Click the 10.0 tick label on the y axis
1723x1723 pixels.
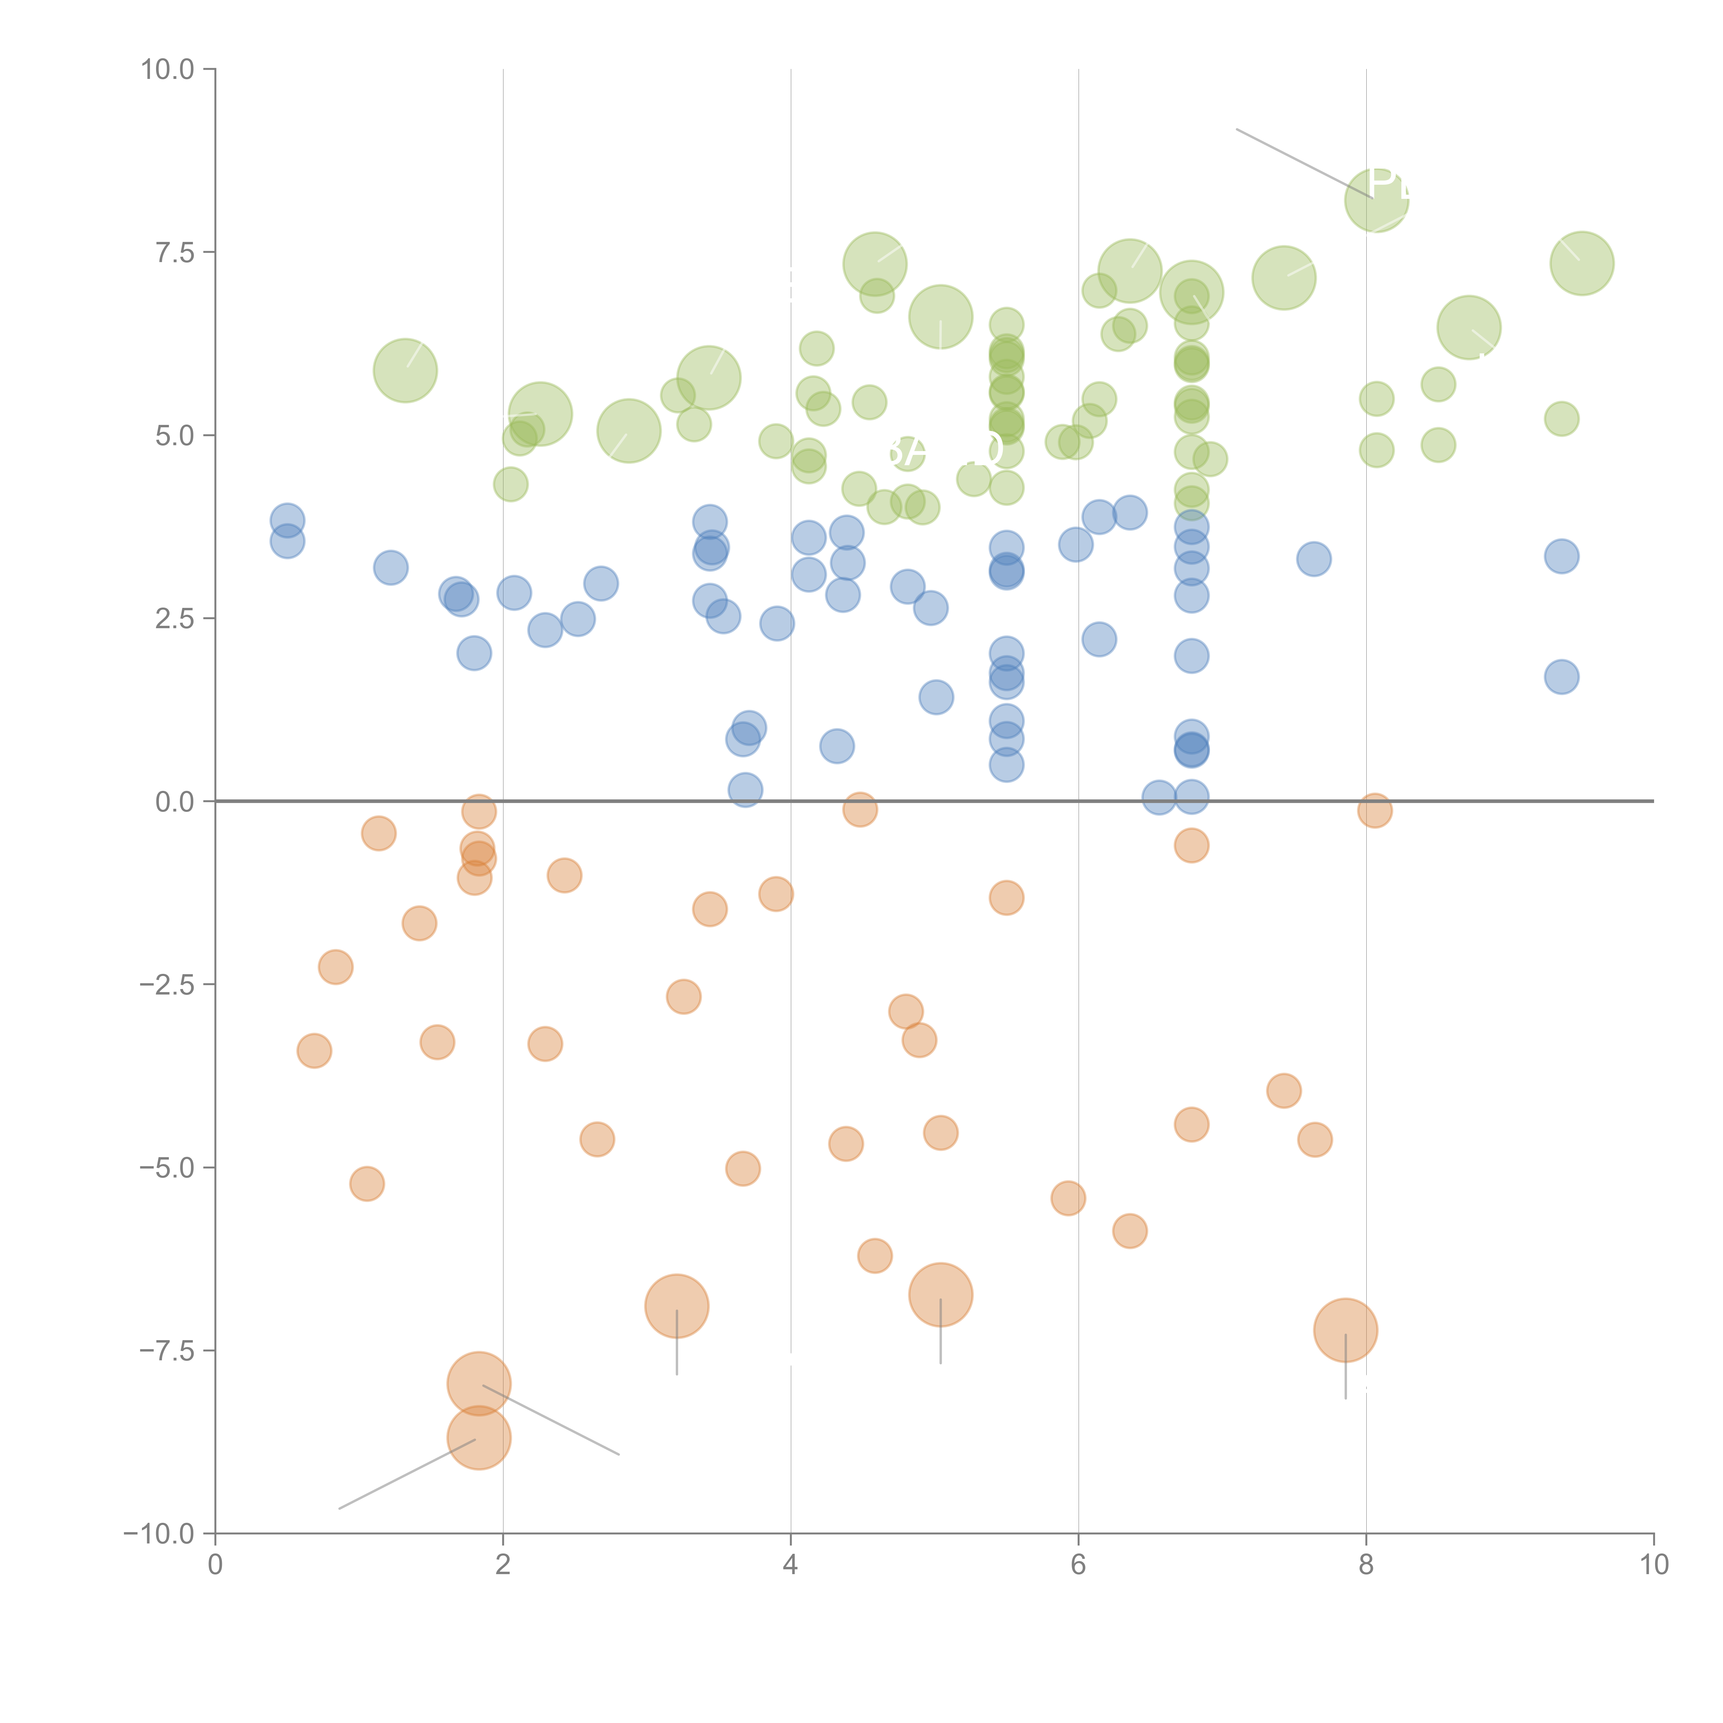click(168, 70)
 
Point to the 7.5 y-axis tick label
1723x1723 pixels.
click(175, 252)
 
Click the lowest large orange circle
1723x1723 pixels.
click(479, 1438)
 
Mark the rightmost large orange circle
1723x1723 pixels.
click(1346, 1331)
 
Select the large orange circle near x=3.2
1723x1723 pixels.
click(677, 1306)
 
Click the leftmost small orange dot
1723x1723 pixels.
click(314, 1051)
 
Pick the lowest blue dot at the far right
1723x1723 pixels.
click(1562, 677)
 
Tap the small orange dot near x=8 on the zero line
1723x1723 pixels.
click(1375, 810)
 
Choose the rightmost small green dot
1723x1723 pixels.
click(1562, 418)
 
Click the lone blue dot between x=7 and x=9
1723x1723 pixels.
click(1314, 559)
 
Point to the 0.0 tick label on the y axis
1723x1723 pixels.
click(175, 802)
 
